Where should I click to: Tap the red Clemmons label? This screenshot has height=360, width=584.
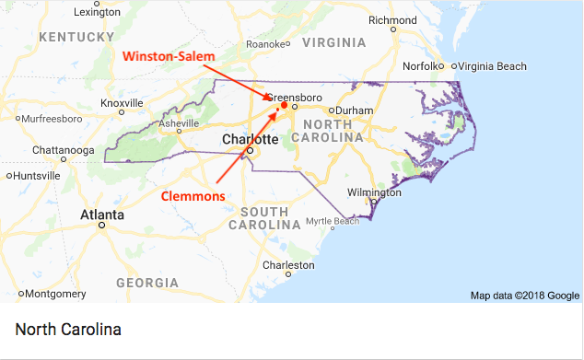click(193, 195)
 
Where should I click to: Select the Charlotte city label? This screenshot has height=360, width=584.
click(251, 139)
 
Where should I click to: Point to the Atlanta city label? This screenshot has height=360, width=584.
click(102, 214)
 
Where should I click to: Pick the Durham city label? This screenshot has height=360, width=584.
click(354, 110)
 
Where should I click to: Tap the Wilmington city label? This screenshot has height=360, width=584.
click(374, 192)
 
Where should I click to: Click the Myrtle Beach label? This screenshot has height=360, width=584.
click(332, 221)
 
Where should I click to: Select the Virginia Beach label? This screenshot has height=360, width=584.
click(492, 66)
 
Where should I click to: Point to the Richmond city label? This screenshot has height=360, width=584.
click(392, 20)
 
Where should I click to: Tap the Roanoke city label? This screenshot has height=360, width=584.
click(267, 43)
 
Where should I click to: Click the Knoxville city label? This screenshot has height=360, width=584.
click(122, 102)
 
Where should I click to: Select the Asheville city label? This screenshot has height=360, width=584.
click(179, 123)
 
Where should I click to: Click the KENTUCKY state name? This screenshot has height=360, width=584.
click(76, 37)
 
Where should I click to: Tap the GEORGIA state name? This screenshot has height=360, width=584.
click(148, 282)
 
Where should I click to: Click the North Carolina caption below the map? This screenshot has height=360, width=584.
click(69, 329)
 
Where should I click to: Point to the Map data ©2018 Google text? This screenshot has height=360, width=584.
click(525, 296)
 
